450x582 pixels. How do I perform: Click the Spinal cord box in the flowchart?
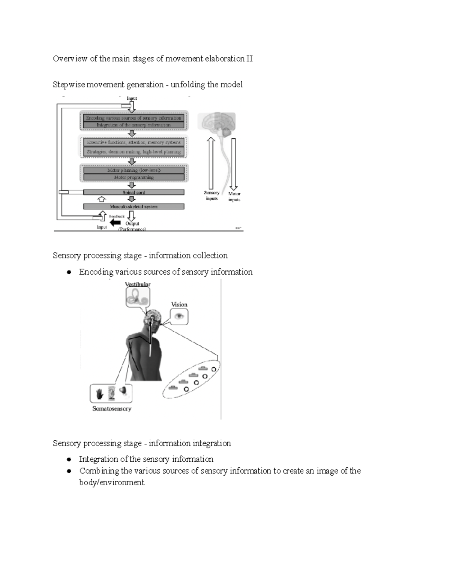pos(133,192)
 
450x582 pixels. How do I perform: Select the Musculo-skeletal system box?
pos(133,206)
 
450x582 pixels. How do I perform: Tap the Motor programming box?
pos(133,177)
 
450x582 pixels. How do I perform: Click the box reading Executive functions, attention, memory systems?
pos(133,142)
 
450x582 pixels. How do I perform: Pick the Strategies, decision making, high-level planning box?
pos(133,152)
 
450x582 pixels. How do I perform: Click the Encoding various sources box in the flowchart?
pos(133,118)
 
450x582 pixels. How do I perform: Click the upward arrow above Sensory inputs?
pos(211,163)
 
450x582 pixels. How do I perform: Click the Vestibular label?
pos(138,284)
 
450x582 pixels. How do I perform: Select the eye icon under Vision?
pos(179,317)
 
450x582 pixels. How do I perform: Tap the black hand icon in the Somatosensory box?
pos(100,394)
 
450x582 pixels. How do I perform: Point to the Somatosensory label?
pos(112,408)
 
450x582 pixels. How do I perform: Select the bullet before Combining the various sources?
pos(69,471)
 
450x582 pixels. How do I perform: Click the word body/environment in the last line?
pos(111,482)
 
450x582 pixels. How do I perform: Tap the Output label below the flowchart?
pos(132,224)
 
